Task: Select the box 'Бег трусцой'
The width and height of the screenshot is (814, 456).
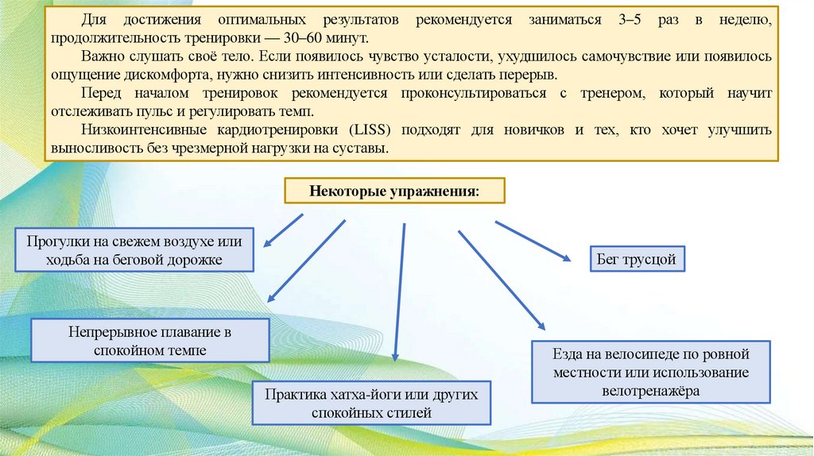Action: (635, 259)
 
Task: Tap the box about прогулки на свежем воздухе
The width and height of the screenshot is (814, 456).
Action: (134, 249)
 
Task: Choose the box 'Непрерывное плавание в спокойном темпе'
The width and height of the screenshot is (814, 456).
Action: (149, 340)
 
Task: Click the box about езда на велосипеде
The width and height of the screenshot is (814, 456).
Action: (650, 371)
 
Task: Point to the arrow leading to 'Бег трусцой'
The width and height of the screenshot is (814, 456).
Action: (533, 240)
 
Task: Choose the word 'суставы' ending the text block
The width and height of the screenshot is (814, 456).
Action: (359, 148)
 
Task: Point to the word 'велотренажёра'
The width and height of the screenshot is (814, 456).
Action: (650, 391)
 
